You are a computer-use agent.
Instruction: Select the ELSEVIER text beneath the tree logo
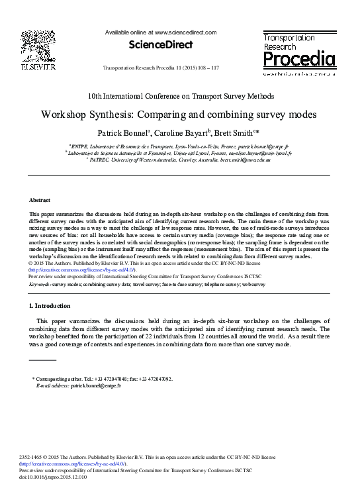point(38,66)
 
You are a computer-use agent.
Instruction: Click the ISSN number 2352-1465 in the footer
point(32,458)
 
